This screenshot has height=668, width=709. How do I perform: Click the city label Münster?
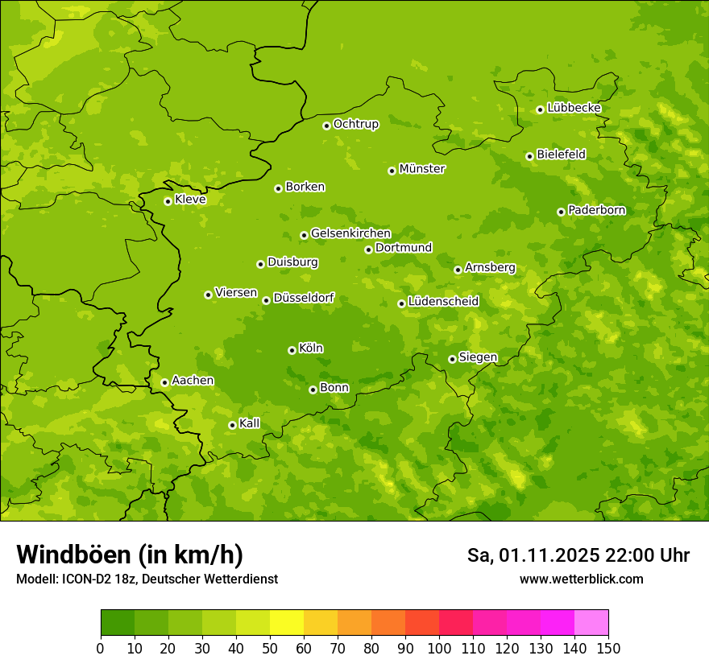[422, 169]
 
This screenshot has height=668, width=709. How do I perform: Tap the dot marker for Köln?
[292, 350]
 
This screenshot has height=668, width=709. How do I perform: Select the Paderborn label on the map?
[596, 210]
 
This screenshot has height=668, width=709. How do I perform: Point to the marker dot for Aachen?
[164, 382]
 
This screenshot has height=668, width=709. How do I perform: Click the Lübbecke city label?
[574, 108]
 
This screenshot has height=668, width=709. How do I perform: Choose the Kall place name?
[250, 423]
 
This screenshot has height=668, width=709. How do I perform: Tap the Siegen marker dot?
[452, 359]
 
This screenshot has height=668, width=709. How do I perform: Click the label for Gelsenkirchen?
[350, 233]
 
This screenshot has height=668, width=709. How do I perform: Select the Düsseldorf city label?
[304, 298]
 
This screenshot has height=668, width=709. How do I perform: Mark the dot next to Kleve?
[168, 201]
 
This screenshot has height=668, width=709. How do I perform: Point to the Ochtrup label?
[355, 124]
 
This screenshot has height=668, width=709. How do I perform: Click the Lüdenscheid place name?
[443, 302]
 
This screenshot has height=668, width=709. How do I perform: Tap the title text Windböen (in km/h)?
[130, 555]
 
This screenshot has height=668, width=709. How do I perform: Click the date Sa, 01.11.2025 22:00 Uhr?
[578, 555]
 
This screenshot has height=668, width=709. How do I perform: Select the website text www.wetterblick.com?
[581, 579]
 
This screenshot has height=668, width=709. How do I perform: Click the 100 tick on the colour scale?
[439, 648]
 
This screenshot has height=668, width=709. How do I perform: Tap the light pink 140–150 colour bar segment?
[591, 623]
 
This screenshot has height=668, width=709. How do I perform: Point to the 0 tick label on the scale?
[101, 648]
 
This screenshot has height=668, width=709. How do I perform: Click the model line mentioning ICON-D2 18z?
[147, 579]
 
